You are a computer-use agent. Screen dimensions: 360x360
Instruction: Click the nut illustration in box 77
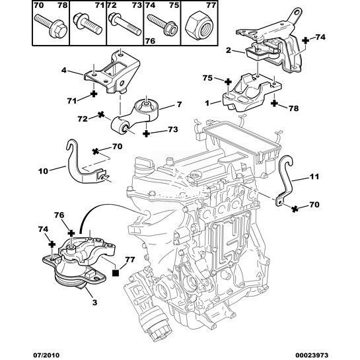point(199,26)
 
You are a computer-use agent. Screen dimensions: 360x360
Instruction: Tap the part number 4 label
point(64,70)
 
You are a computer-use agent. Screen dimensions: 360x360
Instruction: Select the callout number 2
point(228,50)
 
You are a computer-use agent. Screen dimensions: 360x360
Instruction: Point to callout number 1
point(207,103)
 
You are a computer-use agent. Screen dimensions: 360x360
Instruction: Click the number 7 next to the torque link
point(179,104)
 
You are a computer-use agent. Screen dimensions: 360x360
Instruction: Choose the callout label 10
point(43,171)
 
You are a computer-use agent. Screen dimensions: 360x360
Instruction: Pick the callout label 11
point(314,176)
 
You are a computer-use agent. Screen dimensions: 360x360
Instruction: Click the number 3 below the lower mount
point(95,303)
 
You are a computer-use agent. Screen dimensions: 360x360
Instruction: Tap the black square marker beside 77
point(115,273)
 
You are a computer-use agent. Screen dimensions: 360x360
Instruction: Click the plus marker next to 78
point(274,103)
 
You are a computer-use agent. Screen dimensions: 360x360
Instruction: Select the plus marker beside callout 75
point(228,82)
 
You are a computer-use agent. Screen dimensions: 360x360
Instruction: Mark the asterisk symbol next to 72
point(101,115)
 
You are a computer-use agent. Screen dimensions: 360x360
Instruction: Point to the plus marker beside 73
point(146,133)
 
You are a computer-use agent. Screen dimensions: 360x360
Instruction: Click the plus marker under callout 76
point(71,233)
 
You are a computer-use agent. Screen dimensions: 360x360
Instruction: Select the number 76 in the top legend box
point(150,41)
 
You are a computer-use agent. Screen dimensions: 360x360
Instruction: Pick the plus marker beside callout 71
point(93,94)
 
